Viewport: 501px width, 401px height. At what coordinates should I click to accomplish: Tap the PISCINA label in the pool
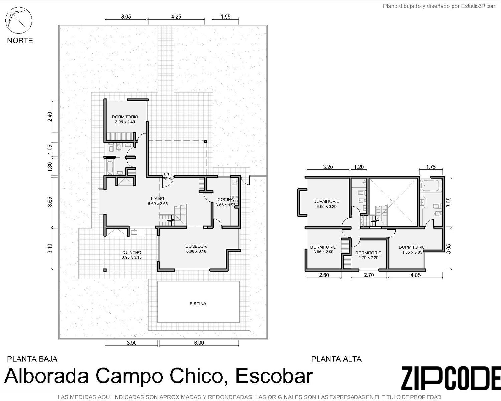(x=198, y=304)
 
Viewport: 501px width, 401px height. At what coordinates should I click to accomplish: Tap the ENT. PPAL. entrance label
(x=168, y=176)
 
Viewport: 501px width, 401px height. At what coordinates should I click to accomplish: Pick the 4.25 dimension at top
(x=176, y=17)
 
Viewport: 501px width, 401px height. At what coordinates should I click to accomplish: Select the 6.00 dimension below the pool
(x=199, y=343)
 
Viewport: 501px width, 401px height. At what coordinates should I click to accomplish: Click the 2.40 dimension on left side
(x=50, y=117)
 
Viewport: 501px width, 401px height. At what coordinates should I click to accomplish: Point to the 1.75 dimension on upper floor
(x=431, y=167)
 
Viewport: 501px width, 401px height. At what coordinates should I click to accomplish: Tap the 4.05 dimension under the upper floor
(x=415, y=275)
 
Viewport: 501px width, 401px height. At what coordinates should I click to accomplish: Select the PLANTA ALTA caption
(x=336, y=359)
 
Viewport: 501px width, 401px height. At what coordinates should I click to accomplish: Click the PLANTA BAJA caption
(x=32, y=359)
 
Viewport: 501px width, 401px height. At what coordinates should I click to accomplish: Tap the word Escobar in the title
(x=274, y=376)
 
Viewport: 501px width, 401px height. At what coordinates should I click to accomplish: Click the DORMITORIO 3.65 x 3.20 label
(x=326, y=204)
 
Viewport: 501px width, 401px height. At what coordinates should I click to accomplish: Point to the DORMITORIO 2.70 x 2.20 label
(x=368, y=255)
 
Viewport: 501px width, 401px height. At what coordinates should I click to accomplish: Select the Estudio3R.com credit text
(x=479, y=6)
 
